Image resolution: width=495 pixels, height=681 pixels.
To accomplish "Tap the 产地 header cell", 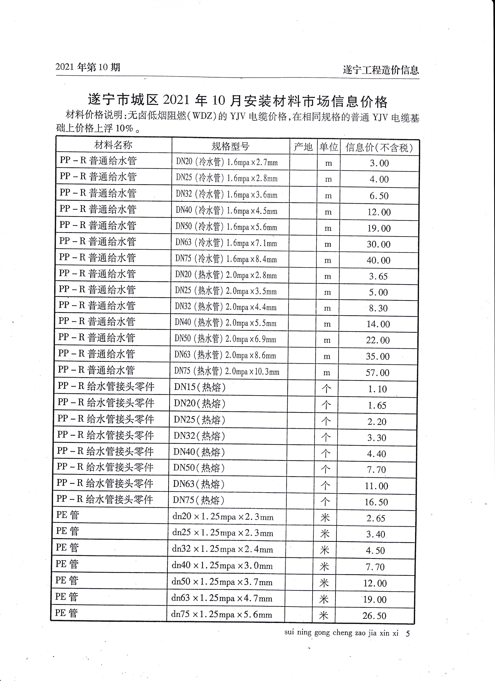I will pos(303,147).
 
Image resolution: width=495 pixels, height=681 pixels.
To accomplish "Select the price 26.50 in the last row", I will pos(374,616).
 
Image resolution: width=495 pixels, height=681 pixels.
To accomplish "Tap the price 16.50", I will pos(376,502).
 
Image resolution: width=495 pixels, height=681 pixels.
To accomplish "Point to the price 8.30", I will pos(378,308).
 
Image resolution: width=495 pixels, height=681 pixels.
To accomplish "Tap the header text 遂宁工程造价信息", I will pos(381,70).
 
